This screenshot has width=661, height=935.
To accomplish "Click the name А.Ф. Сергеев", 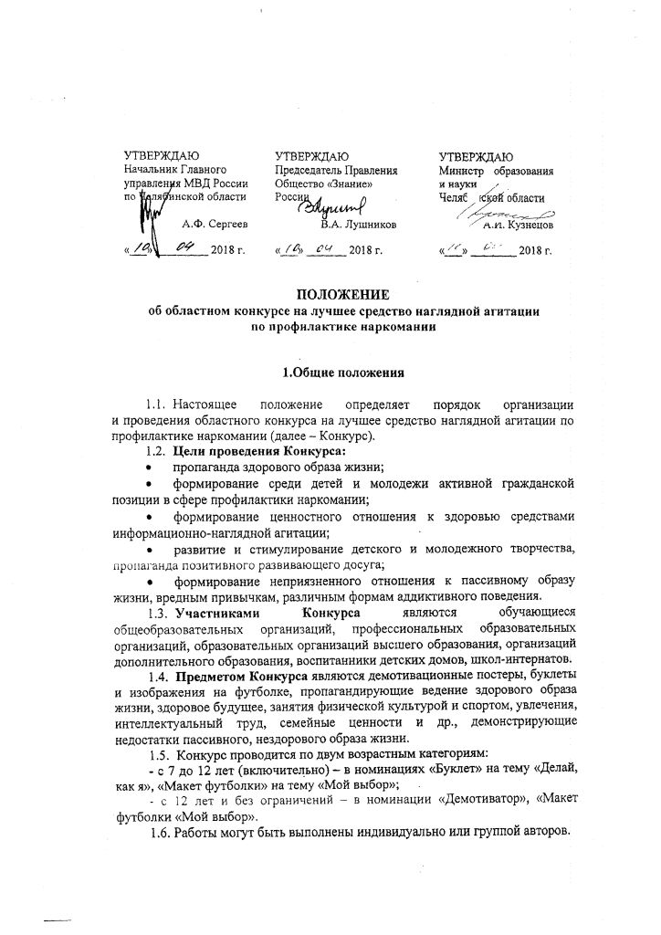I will pos(215,223).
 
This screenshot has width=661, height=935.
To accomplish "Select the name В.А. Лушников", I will pos(357,223).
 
